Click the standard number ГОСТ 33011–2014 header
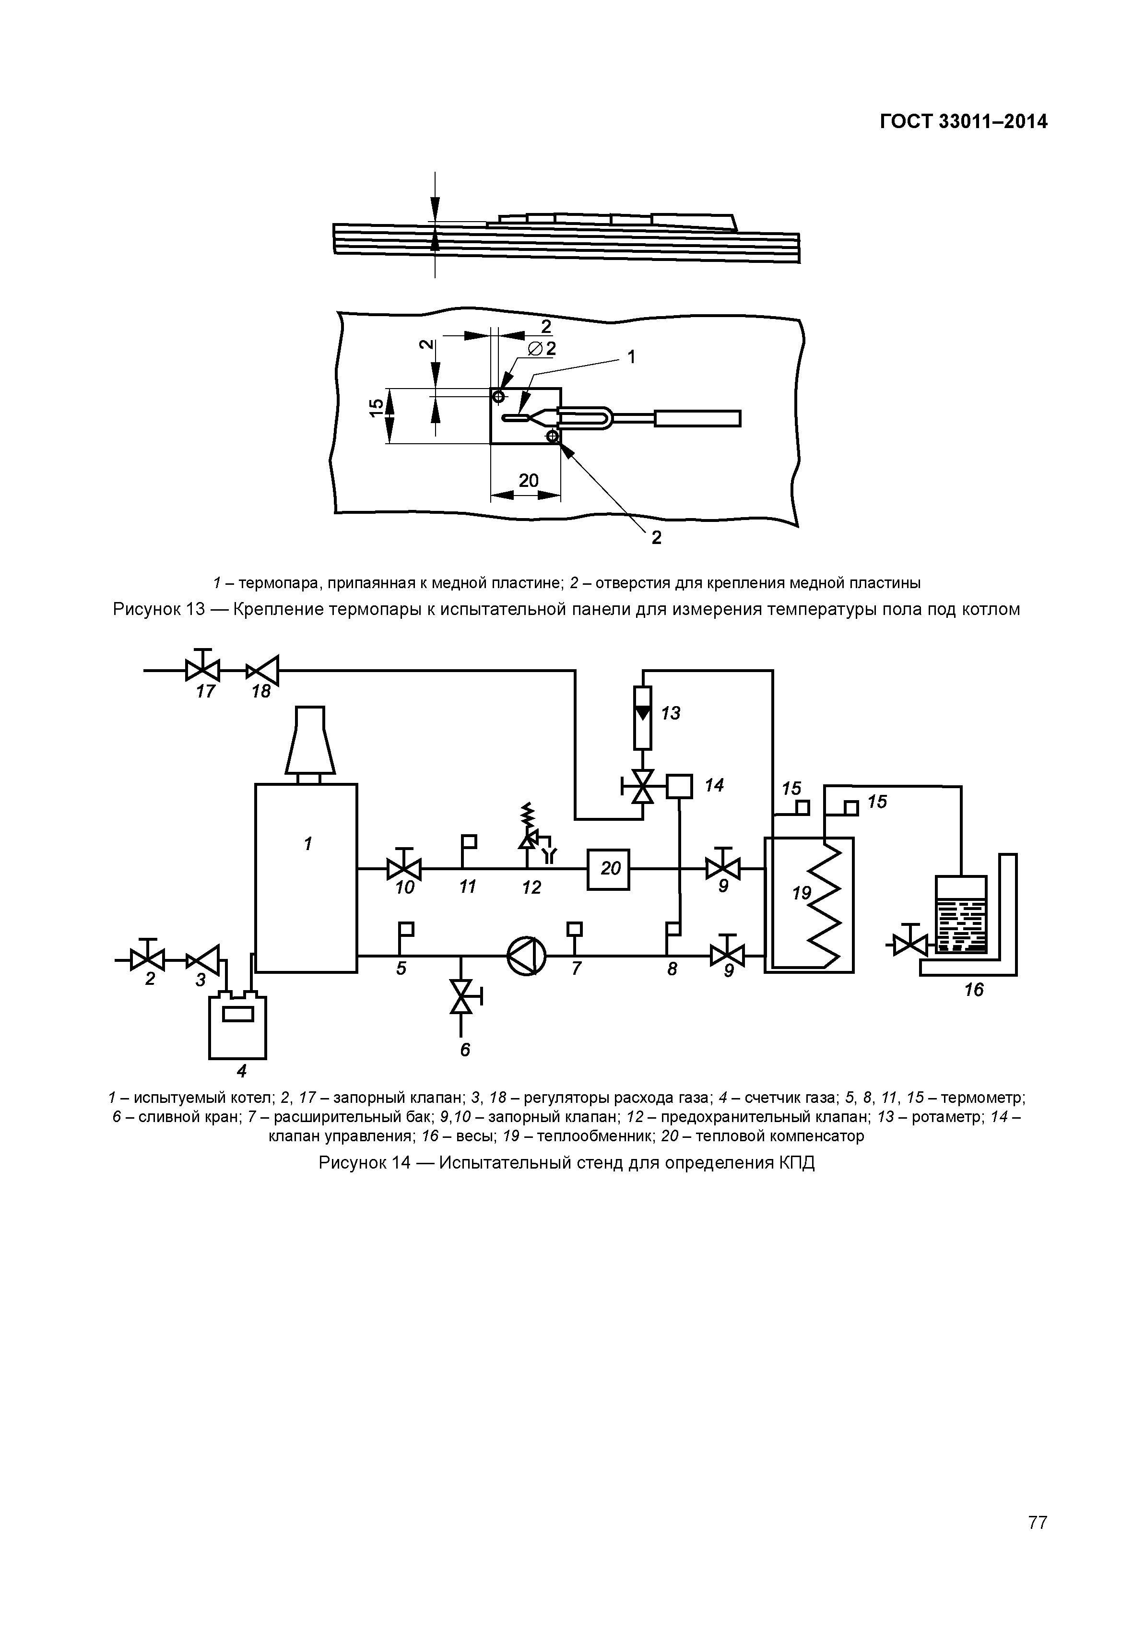tap(963, 122)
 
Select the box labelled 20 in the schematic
tap(608, 869)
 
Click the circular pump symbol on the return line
tap(527, 957)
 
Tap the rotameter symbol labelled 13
tap(643, 718)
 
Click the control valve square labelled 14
tap(679, 786)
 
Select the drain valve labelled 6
tap(463, 996)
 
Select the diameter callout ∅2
tap(543, 349)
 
